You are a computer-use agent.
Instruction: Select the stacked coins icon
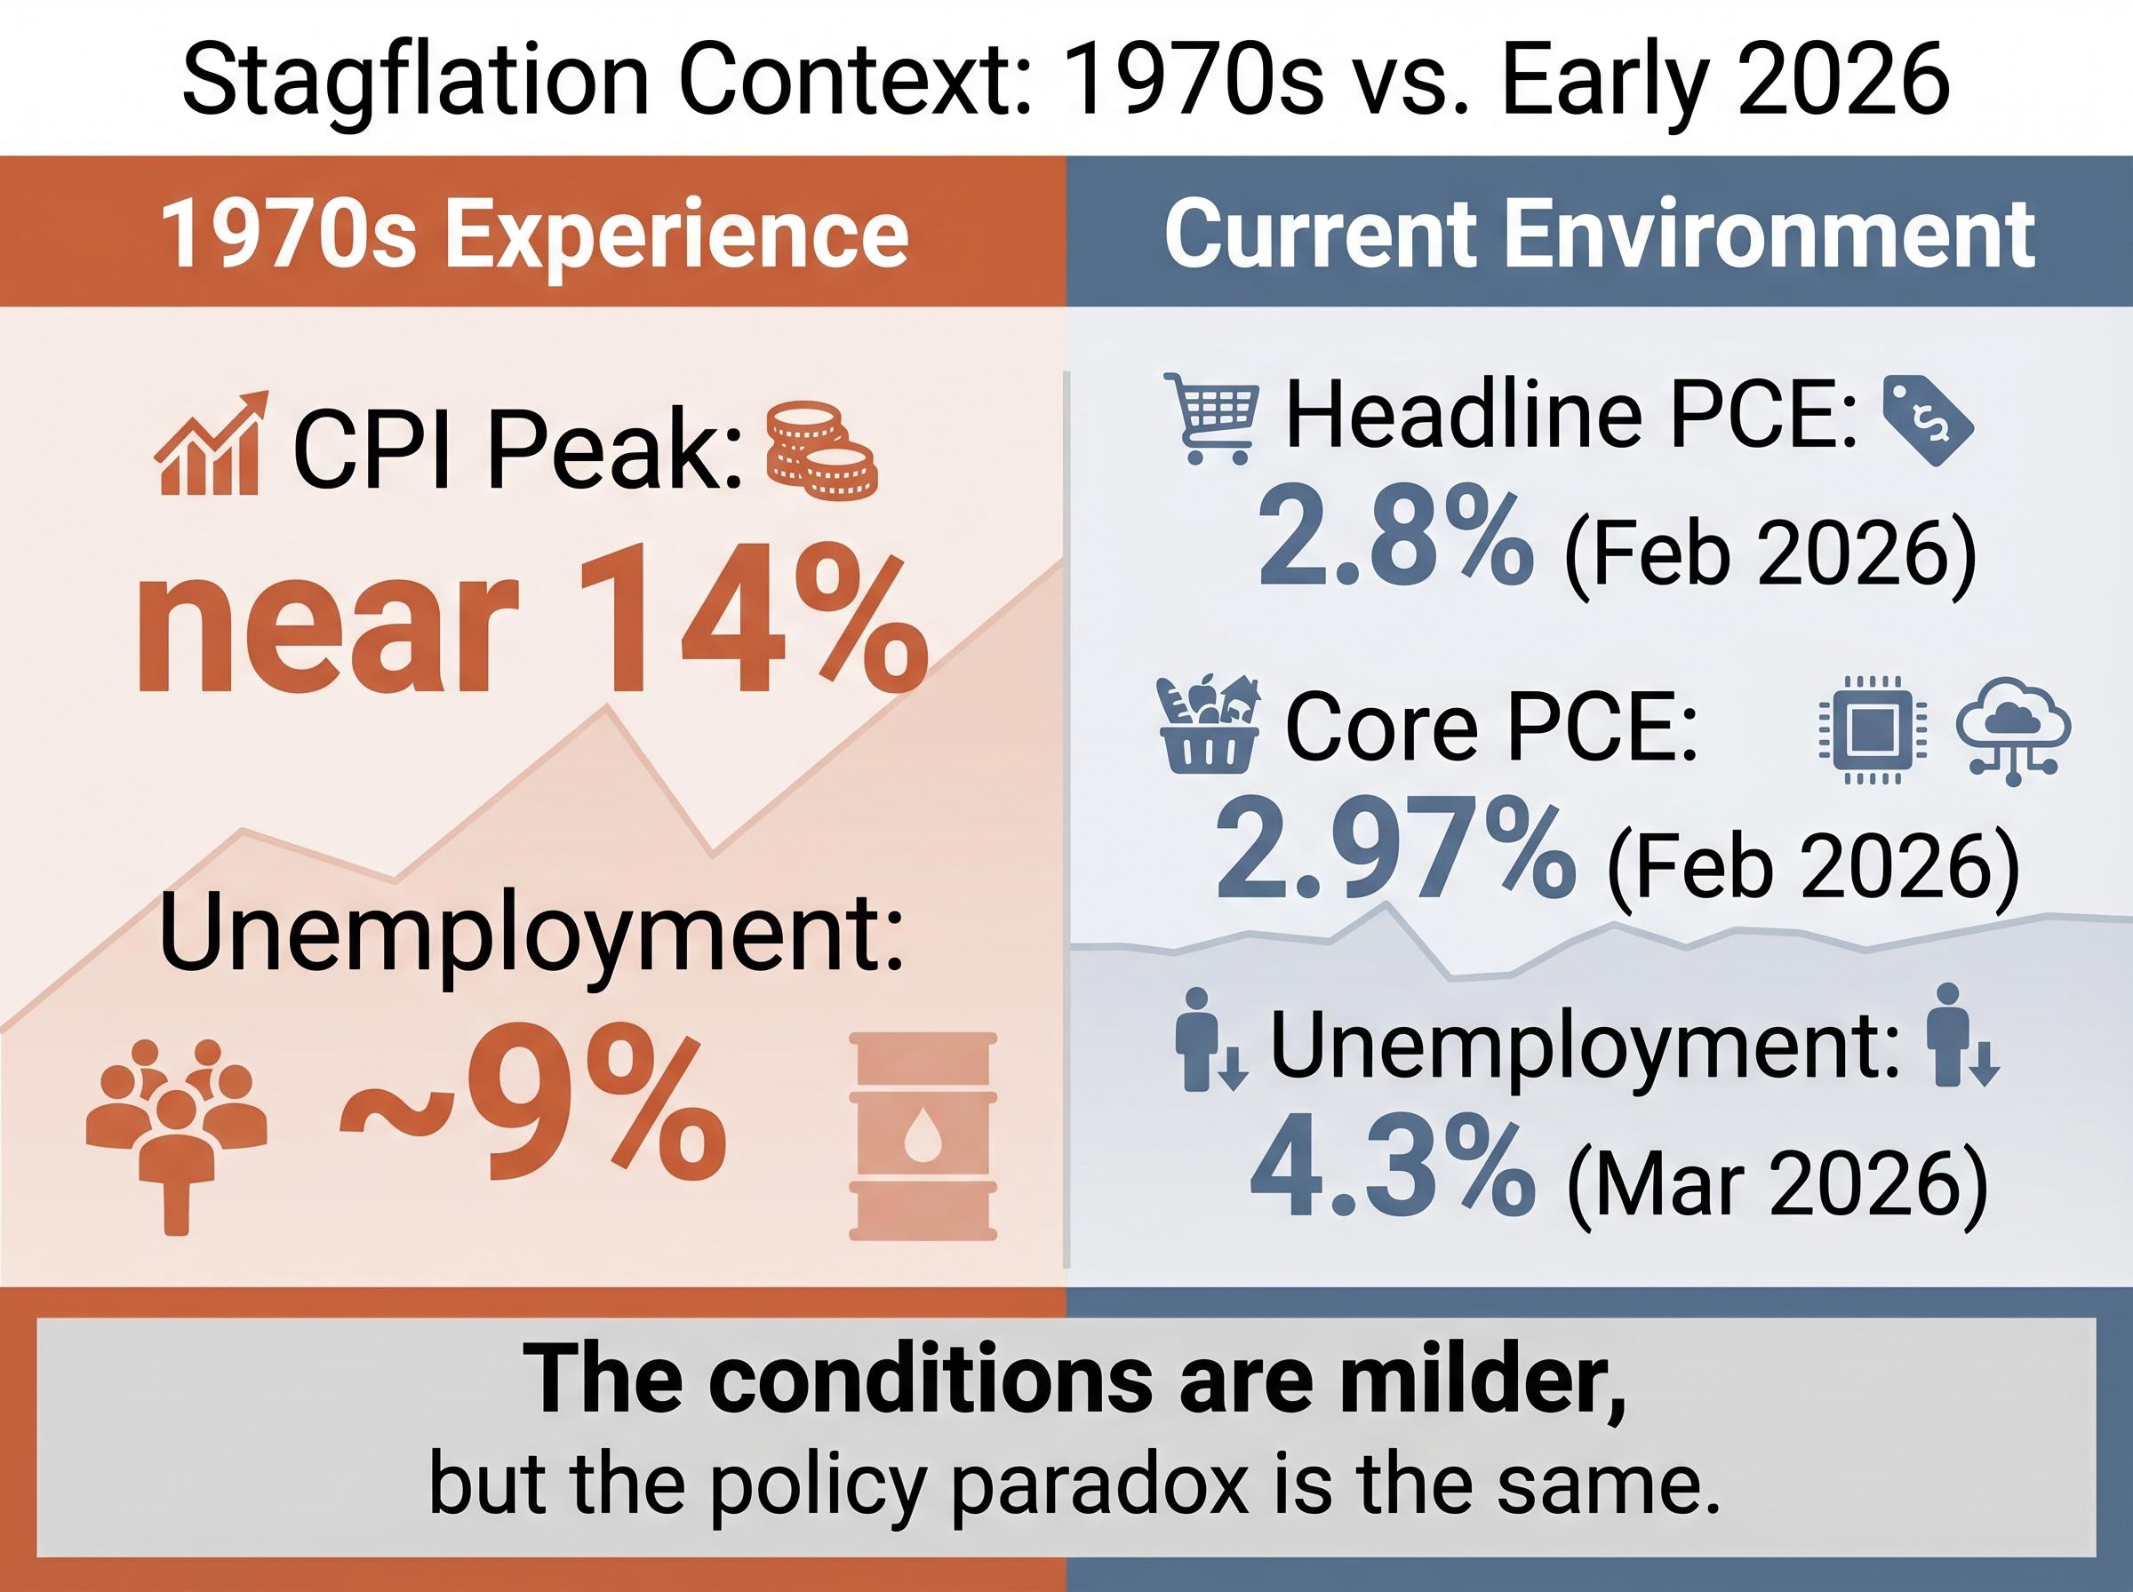[820, 451]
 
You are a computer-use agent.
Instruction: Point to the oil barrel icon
[923, 1135]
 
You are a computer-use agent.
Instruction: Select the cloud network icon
[2012, 729]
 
